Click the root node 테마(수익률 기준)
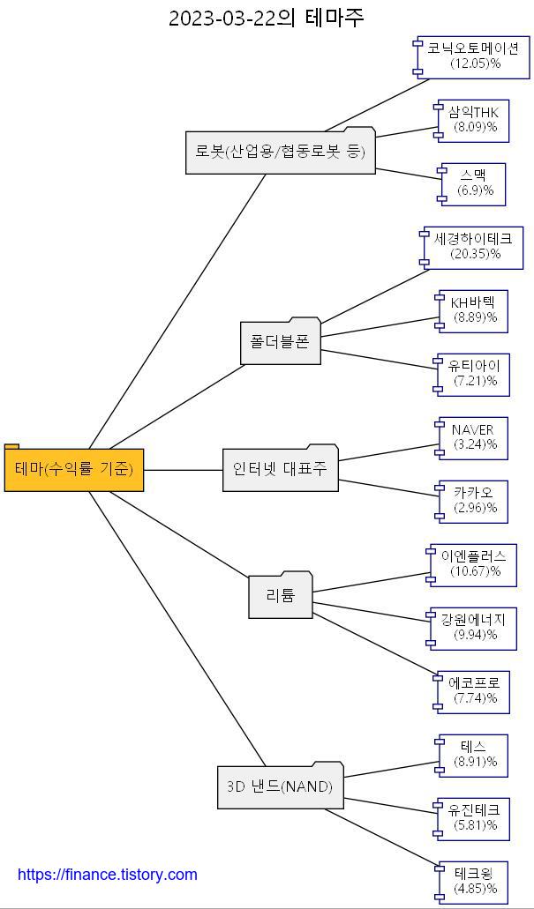pyautogui.click(x=74, y=470)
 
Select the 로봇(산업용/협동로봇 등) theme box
pyautogui.click(x=280, y=152)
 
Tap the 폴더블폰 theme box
pyautogui.click(x=280, y=342)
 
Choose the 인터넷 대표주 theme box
pyautogui.click(x=280, y=469)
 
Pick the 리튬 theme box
pyautogui.click(x=280, y=596)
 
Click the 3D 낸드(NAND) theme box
pyautogui.click(x=280, y=786)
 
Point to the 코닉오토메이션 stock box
pyautogui.click(x=473, y=56)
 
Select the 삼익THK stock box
pyautogui.click(x=473, y=119)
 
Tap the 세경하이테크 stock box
pyautogui.click(x=473, y=246)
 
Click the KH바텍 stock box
pyautogui.click(x=473, y=309)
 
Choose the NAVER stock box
pyautogui.click(x=473, y=436)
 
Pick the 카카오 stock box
pyautogui.click(x=473, y=500)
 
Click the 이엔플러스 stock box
pyautogui.click(x=473, y=563)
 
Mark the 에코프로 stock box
pyautogui.click(x=473, y=690)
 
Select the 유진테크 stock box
pyautogui.click(x=473, y=817)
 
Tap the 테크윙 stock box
pyautogui.click(x=473, y=881)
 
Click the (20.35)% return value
pyautogui.click(x=475, y=254)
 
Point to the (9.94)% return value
pyautogui.click(x=475, y=635)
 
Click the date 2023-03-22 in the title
pyautogui.click(x=222, y=19)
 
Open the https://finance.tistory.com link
pyautogui.click(x=108, y=875)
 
